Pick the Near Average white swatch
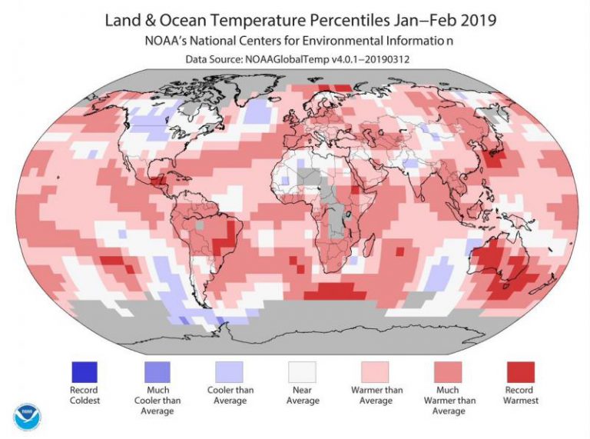(x=301, y=372)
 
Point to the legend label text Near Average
(x=301, y=394)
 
